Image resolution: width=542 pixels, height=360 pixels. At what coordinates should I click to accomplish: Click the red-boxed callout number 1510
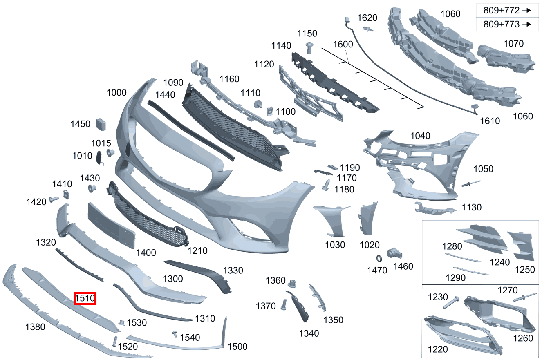[x=85, y=299]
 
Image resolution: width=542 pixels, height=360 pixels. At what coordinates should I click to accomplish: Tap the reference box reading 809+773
[x=507, y=25]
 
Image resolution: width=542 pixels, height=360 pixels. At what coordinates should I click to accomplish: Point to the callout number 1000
[x=116, y=92]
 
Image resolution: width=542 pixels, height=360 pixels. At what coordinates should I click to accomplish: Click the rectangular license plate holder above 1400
[x=111, y=225]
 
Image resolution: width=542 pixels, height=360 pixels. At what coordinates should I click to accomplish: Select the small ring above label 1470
[x=379, y=258]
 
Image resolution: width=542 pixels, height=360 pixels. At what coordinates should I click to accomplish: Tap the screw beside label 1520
[x=114, y=340]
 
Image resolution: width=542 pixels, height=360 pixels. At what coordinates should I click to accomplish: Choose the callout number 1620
[x=367, y=18]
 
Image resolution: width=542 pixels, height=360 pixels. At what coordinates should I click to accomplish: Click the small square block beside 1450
[x=101, y=124]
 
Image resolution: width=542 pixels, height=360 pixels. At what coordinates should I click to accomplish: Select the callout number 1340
[x=309, y=333]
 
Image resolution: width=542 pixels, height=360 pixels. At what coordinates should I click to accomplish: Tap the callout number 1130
[x=472, y=207]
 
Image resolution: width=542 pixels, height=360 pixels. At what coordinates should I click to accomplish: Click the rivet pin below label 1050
[x=470, y=184]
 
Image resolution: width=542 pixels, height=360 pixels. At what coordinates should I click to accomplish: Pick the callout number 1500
[x=237, y=347]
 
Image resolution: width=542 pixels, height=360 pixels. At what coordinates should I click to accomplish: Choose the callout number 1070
[x=513, y=44]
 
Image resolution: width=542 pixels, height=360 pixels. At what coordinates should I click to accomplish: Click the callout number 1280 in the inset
[x=452, y=246]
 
